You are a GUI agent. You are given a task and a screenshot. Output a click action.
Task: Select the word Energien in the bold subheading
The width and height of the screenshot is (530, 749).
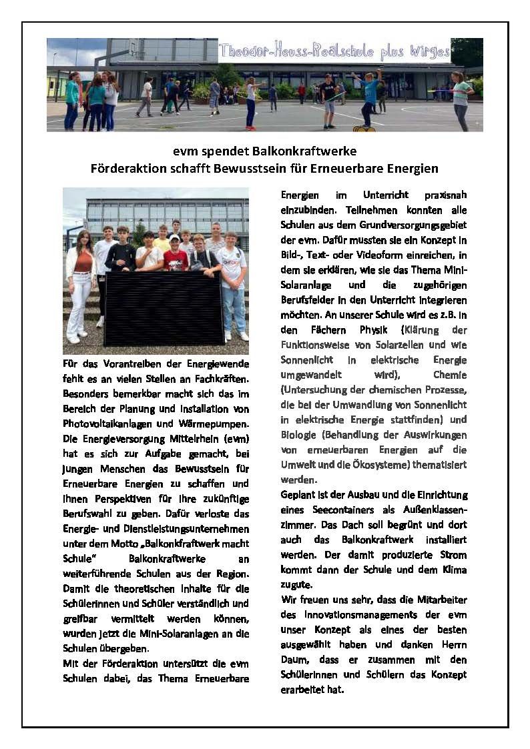click(411, 168)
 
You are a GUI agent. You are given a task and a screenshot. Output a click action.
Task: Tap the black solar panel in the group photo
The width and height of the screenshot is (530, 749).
click(164, 307)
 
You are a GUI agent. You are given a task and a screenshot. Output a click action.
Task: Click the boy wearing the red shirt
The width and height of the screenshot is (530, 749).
click(176, 257)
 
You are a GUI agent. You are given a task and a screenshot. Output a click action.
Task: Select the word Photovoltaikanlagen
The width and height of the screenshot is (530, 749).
click(108, 423)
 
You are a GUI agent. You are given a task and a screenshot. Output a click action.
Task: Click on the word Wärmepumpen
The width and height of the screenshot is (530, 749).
click(215, 423)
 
